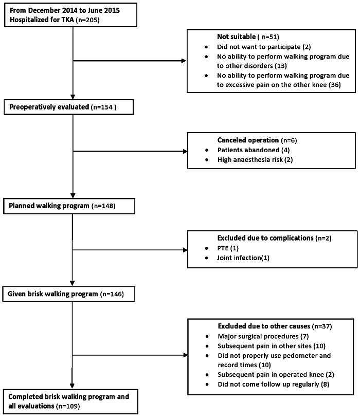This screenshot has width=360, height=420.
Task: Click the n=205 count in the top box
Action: coord(88,20)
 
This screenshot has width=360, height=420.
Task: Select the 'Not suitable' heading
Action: coord(236,36)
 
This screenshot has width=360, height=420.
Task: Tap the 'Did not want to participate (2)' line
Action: coord(264,47)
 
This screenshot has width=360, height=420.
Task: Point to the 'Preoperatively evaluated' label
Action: coord(49,107)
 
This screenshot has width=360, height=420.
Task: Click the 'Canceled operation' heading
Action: coord(248,140)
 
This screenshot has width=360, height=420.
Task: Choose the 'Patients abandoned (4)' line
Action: coord(254,150)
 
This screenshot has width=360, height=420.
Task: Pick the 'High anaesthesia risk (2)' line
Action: coord(255,160)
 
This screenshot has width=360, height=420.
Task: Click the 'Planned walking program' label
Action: coord(49,206)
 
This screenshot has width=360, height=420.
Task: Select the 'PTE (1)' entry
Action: coord(228,248)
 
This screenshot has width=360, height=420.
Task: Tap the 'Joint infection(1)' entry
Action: coord(243,258)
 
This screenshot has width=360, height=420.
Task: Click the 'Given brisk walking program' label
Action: coord(52,294)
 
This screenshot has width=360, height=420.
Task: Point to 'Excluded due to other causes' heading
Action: coord(264,326)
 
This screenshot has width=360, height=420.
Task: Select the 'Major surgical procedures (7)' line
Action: coord(263,336)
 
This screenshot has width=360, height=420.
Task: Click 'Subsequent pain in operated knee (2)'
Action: coord(276,374)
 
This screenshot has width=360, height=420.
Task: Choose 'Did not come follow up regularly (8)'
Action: coord(273,384)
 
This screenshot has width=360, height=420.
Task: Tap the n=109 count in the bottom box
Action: coord(68,406)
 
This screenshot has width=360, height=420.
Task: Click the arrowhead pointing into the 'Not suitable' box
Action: coord(184,61)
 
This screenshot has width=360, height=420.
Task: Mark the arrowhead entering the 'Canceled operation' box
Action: coord(185,151)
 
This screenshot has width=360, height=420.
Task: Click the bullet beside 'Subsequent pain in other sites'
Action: coord(207,346)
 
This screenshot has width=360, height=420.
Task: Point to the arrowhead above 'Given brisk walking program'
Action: coord(73,283)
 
